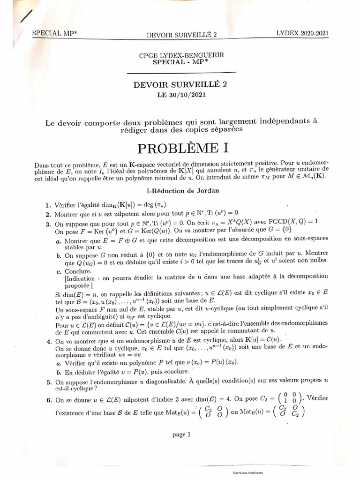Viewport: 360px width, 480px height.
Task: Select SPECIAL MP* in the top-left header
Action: pos(54,33)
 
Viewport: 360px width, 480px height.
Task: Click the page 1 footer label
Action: pos(181,435)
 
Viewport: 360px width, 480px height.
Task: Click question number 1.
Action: pos(48,205)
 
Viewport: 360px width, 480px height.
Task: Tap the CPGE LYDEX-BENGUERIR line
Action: pos(181,55)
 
